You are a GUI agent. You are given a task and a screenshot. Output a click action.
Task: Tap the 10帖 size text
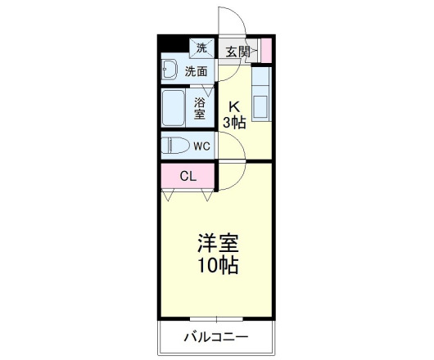coord(217,266)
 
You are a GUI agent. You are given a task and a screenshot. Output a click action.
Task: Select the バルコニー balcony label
coord(215,336)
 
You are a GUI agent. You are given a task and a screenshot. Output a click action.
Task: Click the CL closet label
coord(188,176)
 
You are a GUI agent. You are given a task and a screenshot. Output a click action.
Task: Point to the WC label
coord(202,146)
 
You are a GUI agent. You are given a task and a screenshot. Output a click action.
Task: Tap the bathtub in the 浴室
coord(175,106)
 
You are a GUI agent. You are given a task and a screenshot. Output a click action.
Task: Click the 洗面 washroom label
coord(196,71)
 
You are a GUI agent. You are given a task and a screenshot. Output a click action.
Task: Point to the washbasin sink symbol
coord(170,70)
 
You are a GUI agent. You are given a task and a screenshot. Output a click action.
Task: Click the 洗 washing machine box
coord(201,47)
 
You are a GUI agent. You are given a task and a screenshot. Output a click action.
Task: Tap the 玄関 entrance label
coord(237,52)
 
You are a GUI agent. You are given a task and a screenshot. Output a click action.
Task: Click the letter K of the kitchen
coord(233,106)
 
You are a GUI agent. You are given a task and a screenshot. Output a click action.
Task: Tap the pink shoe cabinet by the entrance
coord(265,50)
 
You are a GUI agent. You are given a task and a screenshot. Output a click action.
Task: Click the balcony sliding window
coord(217,317)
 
